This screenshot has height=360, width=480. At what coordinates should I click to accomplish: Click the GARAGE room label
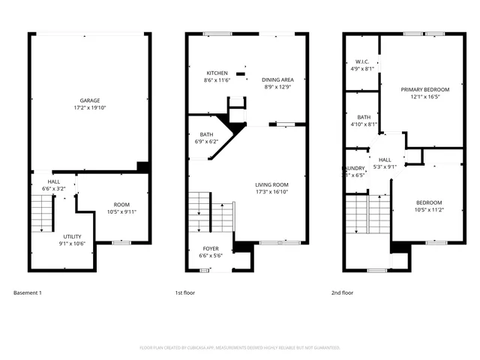[90, 100]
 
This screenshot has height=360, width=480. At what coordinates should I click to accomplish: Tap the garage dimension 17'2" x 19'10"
[90, 108]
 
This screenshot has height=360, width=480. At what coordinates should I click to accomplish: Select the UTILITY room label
[73, 236]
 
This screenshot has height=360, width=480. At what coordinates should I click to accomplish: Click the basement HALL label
[54, 181]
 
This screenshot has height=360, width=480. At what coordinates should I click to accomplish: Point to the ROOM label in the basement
[121, 205]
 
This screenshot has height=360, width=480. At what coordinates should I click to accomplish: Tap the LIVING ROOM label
[271, 184]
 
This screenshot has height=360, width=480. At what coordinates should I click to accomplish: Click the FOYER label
[211, 248]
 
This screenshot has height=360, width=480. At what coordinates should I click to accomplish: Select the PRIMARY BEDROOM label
[424, 89]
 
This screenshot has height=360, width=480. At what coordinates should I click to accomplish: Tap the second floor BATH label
[364, 117]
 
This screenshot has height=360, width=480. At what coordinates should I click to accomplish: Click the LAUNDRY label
[354, 168]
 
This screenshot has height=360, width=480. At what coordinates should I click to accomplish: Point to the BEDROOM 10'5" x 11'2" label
[428, 202]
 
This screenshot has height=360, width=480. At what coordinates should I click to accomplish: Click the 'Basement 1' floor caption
[28, 292]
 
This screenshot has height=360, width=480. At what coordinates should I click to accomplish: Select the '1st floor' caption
[184, 292]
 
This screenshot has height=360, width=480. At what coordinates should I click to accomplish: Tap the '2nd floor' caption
[342, 292]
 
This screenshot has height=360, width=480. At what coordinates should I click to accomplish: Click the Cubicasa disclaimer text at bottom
[240, 348]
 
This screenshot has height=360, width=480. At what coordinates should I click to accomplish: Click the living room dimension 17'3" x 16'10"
[271, 192]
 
